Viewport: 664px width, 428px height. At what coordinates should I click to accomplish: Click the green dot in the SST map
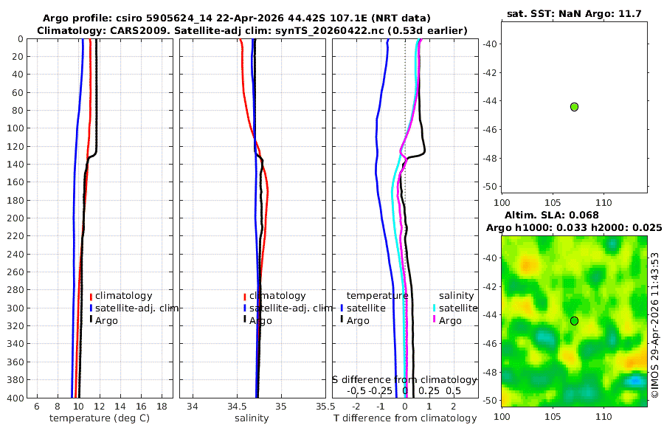pos(574,107)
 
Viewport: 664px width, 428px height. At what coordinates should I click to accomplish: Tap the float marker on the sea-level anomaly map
pos(574,321)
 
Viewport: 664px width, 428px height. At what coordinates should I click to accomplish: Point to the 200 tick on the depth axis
pos(15,218)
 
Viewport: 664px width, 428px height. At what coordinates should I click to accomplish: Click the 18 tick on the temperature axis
pos(162,407)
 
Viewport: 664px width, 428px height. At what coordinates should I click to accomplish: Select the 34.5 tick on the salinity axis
pos(237,407)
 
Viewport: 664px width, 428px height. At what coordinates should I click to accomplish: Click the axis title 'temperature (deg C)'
pos(100,418)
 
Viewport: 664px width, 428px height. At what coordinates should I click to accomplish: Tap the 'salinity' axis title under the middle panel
pos(252,418)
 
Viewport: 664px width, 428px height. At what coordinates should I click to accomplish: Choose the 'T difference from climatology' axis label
pos(405,418)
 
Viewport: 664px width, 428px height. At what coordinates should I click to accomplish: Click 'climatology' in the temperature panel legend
pos(123,296)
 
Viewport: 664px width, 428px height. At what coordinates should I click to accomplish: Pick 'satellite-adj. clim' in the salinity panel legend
pos(291,308)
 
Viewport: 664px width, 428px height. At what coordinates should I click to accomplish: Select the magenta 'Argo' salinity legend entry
pos(450,321)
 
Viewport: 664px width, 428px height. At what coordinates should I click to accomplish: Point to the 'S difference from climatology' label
pos(404,380)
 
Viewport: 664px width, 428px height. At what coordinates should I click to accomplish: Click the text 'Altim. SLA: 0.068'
pos(551,215)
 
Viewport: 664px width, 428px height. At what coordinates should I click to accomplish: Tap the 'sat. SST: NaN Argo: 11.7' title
pos(574,13)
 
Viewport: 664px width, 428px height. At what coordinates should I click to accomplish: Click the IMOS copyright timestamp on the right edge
pos(655,325)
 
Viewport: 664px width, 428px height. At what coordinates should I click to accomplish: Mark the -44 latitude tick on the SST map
pos(492,101)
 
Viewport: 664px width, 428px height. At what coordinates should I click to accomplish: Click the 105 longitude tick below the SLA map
pos(553,416)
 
